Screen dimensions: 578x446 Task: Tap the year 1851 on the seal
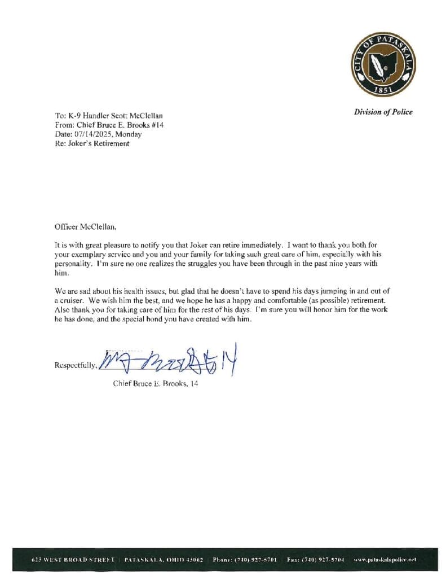point(383,90)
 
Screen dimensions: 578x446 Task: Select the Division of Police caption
point(383,112)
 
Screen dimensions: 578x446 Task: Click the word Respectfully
point(76,365)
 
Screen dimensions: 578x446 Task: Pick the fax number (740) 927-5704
point(322,559)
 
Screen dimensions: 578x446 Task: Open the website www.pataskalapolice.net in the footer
point(385,559)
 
